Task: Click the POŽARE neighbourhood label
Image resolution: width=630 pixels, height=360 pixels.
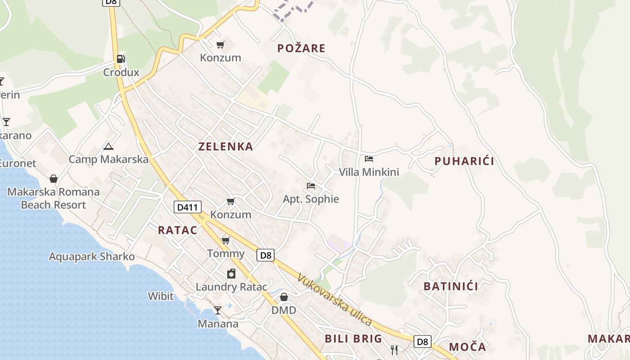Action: click(x=301, y=48)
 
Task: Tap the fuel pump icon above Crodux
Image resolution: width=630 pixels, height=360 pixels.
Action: click(x=121, y=59)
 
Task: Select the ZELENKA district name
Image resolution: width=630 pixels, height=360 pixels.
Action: click(x=226, y=146)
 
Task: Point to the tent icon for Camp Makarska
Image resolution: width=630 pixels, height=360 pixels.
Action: click(x=108, y=146)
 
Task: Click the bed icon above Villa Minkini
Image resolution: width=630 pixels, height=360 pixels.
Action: click(x=369, y=158)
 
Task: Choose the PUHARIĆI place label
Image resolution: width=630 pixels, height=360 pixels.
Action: click(x=464, y=161)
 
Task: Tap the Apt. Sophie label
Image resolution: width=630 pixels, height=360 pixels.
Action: click(x=310, y=199)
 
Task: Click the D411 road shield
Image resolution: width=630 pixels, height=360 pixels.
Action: click(x=187, y=207)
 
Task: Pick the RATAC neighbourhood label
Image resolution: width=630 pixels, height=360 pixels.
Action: click(x=177, y=230)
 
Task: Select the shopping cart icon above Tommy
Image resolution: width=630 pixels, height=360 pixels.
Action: click(x=225, y=241)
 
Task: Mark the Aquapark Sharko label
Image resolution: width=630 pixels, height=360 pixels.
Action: click(x=92, y=256)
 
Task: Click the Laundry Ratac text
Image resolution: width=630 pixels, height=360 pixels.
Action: click(x=231, y=287)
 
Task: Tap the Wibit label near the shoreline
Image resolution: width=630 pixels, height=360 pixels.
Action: click(x=161, y=296)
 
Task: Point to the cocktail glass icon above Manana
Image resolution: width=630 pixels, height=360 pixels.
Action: click(x=218, y=310)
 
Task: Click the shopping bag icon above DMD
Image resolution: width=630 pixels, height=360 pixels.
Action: click(x=284, y=297)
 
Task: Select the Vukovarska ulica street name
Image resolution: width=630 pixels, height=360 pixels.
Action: click(x=334, y=300)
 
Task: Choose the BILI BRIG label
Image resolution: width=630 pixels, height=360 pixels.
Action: click(x=353, y=338)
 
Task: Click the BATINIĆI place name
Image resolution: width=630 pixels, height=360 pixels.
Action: click(x=451, y=286)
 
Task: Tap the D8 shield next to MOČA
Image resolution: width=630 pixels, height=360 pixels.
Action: click(x=422, y=342)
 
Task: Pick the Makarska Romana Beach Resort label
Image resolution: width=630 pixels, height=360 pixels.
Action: click(x=53, y=198)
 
